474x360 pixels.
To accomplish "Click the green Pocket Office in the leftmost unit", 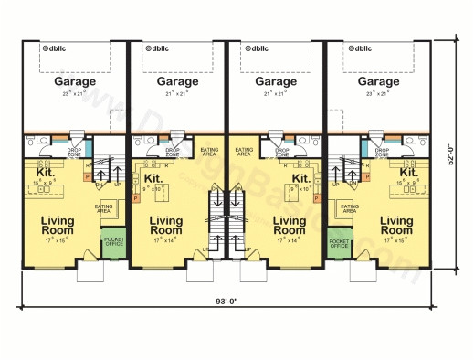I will tap(111, 243).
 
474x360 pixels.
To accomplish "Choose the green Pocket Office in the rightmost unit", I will tap(339, 243).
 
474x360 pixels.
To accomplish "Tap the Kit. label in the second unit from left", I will tap(153, 177).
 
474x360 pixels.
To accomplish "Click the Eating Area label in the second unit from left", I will tap(208, 150).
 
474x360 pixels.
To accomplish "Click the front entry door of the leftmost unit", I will tap(88, 271).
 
